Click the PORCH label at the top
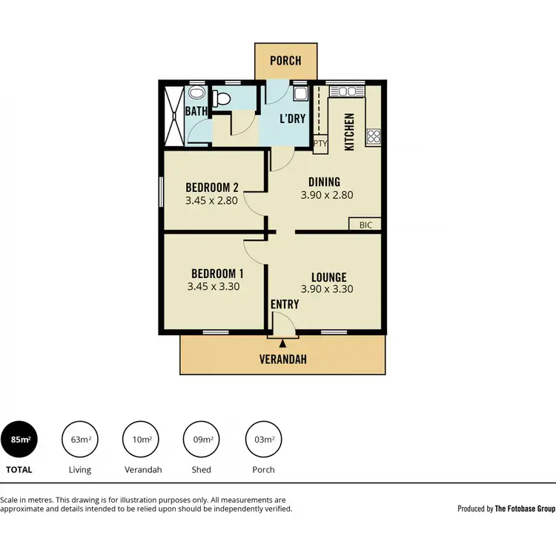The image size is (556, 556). [x=285, y=60]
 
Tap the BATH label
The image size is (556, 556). [x=196, y=111]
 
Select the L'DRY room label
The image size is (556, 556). [x=292, y=119]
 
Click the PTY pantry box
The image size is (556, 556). [x=320, y=143]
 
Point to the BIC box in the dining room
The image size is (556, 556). [x=365, y=225]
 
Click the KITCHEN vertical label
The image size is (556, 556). [x=350, y=132]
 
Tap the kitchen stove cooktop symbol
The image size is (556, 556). [x=374, y=136]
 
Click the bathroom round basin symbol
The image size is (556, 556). [x=196, y=93]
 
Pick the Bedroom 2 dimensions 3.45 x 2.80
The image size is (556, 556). [x=211, y=200]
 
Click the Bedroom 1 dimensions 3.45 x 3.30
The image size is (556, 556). [x=214, y=286]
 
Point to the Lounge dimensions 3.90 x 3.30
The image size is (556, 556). [x=326, y=290]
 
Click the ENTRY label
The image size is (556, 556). [x=285, y=305]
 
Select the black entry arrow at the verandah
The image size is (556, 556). [x=282, y=342]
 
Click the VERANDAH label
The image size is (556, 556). [x=282, y=360]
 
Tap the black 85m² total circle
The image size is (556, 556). [x=20, y=440]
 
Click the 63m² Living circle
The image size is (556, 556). [x=80, y=440]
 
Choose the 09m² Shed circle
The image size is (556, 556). [x=202, y=440]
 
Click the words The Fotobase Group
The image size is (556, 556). [x=525, y=509]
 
